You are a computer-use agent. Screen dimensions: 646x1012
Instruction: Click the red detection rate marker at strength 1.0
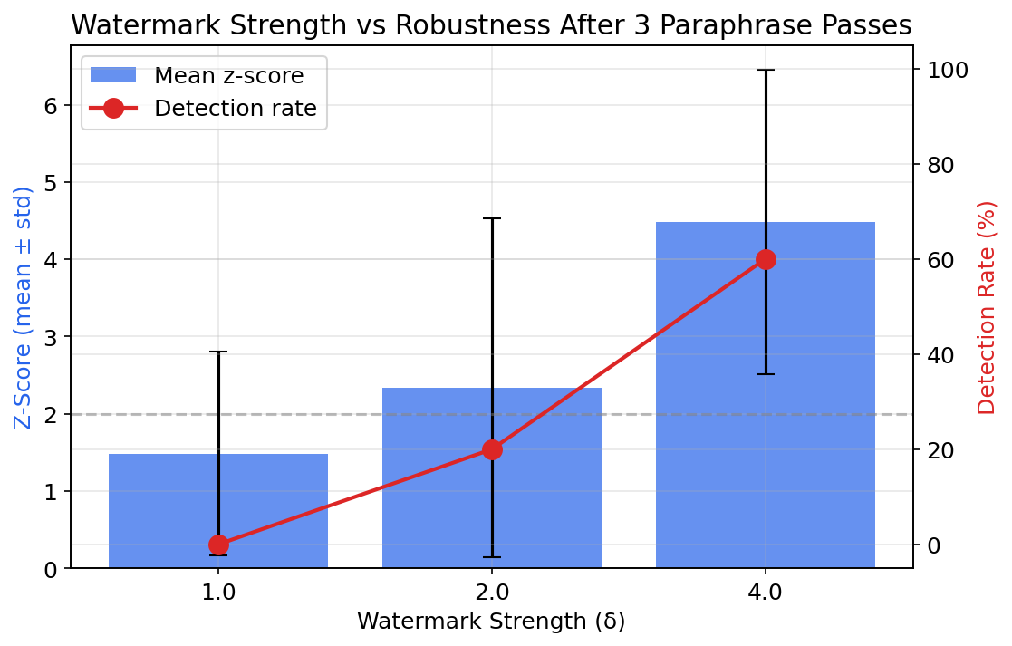[x=218, y=545]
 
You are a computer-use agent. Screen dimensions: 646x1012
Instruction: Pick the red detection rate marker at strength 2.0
[x=492, y=449]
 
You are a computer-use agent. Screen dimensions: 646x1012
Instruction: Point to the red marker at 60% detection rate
[x=766, y=259]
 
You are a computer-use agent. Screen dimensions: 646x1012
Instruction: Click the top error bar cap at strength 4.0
[x=766, y=70]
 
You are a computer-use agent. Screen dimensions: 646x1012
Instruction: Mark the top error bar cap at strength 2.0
[x=492, y=218]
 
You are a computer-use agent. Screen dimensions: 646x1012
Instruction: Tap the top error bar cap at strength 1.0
[x=218, y=352]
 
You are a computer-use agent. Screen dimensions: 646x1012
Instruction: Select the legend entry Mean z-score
[x=228, y=75]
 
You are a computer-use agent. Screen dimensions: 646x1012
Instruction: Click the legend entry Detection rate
[x=235, y=108]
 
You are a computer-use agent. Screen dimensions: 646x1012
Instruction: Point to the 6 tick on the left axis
[x=51, y=105]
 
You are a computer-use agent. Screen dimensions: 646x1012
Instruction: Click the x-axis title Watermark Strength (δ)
[x=491, y=622]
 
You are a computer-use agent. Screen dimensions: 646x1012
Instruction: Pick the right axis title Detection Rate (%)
[x=987, y=308]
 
